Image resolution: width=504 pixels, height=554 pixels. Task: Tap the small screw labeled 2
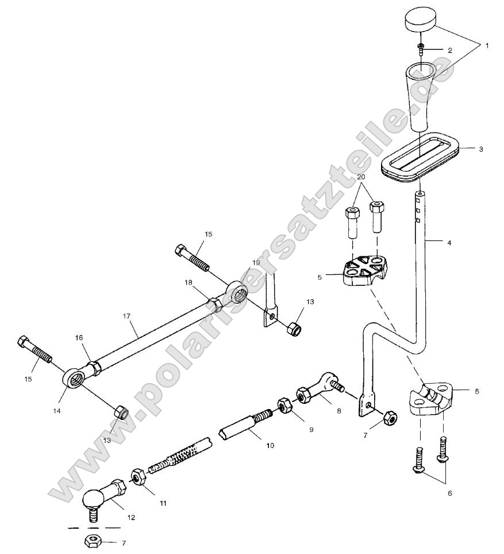pos(421,48)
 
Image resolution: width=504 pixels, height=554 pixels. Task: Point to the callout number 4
pos(449,243)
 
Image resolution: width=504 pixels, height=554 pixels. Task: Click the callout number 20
pos(360,176)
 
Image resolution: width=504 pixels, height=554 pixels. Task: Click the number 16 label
pos(79,339)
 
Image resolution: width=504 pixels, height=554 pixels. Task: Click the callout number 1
pos(487,44)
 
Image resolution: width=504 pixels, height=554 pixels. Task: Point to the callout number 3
pos(481,148)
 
